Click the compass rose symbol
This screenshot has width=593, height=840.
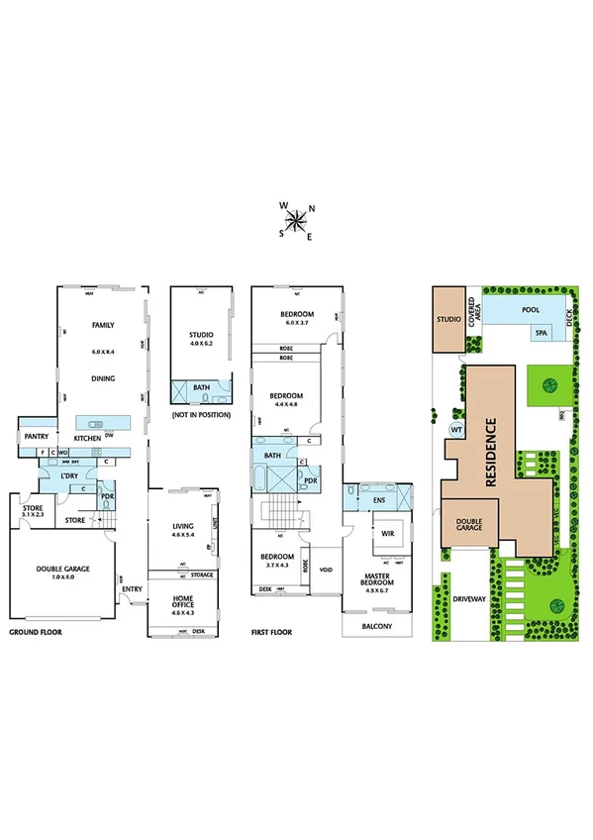pos(296,220)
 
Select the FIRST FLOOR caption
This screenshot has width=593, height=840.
pos(273,631)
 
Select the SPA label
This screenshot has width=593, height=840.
pos(542,333)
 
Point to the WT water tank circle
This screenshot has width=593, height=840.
pos(457,431)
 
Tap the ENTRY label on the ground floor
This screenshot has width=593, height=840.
pos(132,589)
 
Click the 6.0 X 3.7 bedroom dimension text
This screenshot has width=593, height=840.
pos(299,323)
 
